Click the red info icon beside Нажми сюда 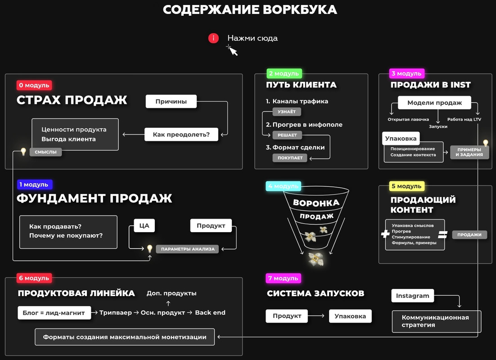click(213, 38)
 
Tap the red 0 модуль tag click(34, 85)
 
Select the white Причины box click(171, 101)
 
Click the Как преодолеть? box click(181, 134)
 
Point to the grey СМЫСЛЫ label click(45, 152)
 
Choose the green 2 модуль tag click(284, 74)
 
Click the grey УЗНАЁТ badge click(287, 112)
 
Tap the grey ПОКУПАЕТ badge click(290, 158)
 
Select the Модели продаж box click(434, 103)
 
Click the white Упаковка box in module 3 click(401, 138)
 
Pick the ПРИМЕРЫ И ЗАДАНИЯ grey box click(469, 152)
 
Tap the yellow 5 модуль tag click(406, 186)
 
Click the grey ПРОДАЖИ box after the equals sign click(469, 234)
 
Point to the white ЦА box click(144, 225)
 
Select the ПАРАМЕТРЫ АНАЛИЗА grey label click(187, 249)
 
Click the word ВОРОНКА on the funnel click(316, 202)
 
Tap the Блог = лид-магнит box click(54, 313)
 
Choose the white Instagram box click(412, 296)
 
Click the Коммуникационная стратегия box click(436, 321)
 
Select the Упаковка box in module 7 click(350, 316)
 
